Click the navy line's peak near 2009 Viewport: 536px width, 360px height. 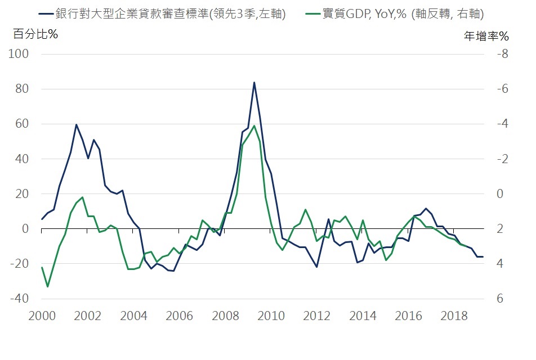point(254,82)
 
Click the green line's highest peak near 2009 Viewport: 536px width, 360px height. point(254,125)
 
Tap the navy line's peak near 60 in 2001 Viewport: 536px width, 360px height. point(76,124)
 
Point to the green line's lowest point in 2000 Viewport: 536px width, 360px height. point(47,286)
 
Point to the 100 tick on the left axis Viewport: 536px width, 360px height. point(19,54)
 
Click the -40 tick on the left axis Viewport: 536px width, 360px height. point(19,299)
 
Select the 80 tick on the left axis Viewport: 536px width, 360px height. point(21,89)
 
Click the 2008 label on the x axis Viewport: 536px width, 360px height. point(225,316)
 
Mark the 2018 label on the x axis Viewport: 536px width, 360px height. point(454,316)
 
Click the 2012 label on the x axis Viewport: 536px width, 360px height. point(316,316)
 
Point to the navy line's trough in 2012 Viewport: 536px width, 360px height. point(317,267)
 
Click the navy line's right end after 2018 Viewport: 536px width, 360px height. point(483,256)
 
